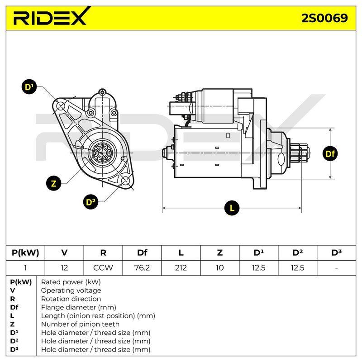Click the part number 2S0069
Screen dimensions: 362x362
tap(324, 18)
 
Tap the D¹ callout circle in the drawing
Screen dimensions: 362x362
tap(29, 87)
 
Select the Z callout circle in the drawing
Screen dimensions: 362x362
tap(53, 183)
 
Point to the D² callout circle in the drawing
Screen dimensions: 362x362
tap(90, 202)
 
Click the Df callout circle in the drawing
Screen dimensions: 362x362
tap(330, 153)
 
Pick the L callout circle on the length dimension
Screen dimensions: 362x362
tap(232, 208)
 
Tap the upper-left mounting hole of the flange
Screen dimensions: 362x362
tap(61, 106)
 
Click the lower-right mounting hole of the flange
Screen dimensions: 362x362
tap(126, 181)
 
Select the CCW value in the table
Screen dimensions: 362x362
tap(103, 267)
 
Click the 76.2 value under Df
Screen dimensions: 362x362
tap(142, 267)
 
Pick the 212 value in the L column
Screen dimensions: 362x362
tap(181, 267)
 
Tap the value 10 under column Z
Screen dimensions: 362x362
tap(219, 267)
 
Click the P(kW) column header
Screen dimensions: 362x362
tap(25, 252)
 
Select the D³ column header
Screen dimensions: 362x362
tap(336, 252)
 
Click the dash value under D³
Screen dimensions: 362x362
tap(336, 268)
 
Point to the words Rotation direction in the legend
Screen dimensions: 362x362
tap(71, 299)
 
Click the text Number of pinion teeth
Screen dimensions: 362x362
tap(80, 324)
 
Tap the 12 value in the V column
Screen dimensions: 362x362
tap(64, 267)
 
